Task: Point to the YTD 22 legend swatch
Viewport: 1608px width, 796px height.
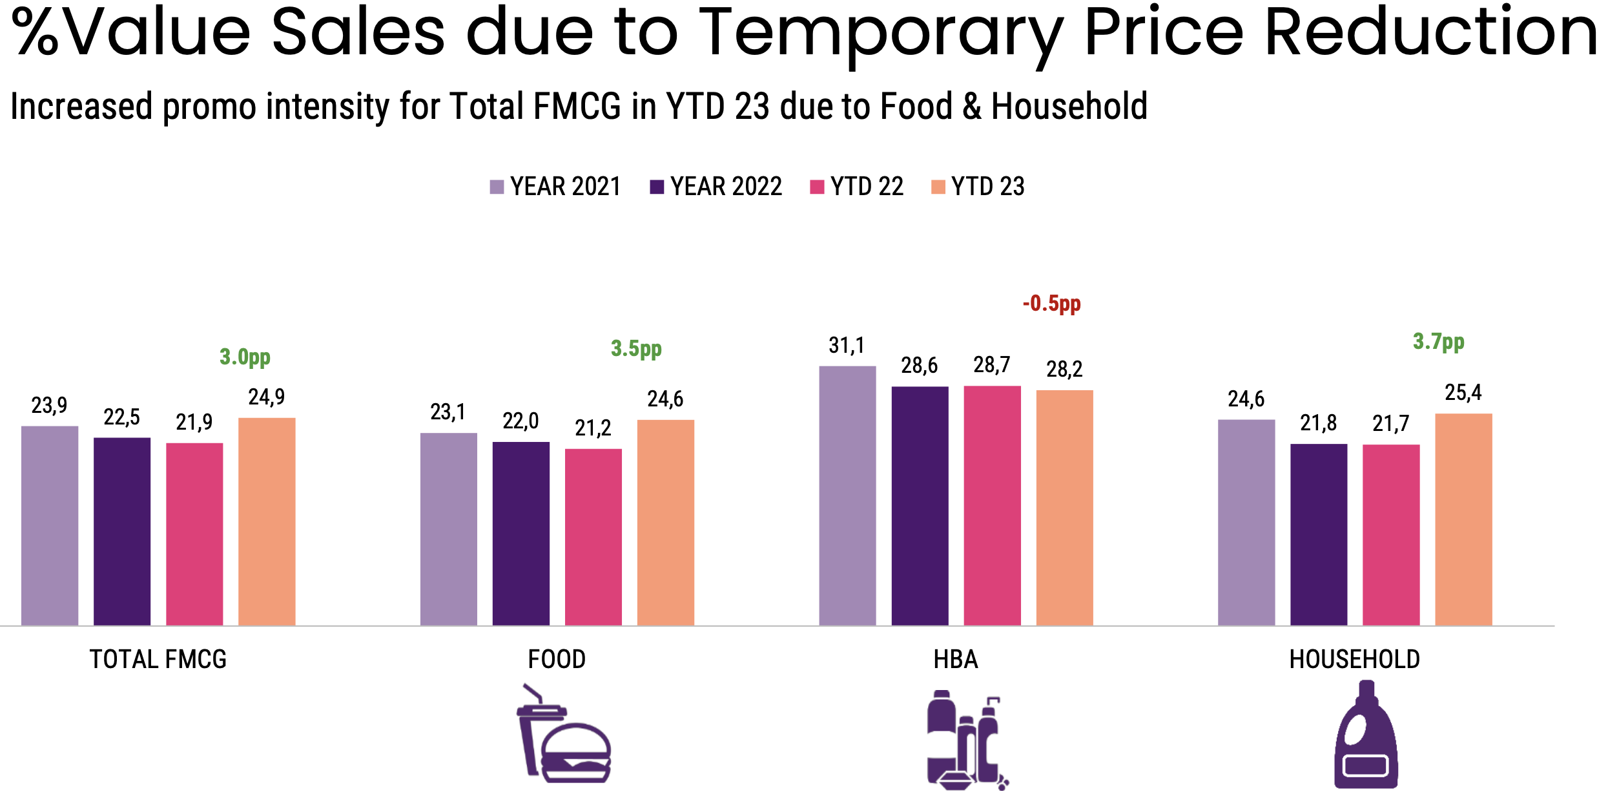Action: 817,187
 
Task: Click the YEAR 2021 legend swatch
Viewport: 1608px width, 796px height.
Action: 497,187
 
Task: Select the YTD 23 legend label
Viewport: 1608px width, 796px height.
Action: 987,187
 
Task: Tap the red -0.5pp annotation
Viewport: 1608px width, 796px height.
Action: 1051,303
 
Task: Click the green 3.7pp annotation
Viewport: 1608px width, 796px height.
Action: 1438,341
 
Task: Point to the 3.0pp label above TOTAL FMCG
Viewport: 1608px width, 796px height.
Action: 245,357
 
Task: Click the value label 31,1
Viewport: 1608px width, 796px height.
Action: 847,346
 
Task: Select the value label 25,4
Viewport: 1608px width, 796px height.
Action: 1463,393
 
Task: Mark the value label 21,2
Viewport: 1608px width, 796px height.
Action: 593,428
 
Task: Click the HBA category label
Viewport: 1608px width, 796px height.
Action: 956,660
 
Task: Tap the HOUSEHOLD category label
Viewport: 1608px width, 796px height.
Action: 1354,660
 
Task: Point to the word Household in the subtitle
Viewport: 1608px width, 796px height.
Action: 1069,107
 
